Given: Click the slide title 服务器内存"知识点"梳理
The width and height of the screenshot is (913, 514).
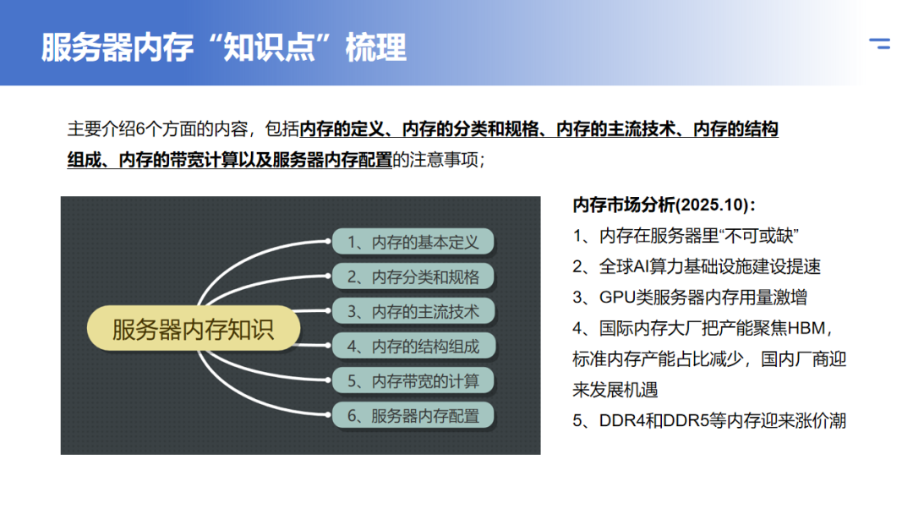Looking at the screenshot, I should coord(224,47).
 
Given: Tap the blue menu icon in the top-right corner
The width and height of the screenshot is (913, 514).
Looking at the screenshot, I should coord(880,43).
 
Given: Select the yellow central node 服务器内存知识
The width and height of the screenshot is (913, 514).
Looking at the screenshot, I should coord(193,329).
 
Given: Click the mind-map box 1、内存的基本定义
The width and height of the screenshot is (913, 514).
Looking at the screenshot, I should coord(413,242).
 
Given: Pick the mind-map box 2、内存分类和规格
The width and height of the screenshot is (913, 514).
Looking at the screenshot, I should coord(413,276).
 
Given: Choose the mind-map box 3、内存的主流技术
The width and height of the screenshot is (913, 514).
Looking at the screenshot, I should coord(413,311).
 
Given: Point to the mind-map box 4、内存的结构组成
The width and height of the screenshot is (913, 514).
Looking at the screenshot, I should coord(413,346).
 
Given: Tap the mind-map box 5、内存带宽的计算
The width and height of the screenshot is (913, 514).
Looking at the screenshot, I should coord(413,380).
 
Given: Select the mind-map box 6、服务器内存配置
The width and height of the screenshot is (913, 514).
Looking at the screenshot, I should coord(413,415).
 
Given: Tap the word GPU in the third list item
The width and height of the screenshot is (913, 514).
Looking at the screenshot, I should coord(617,298).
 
